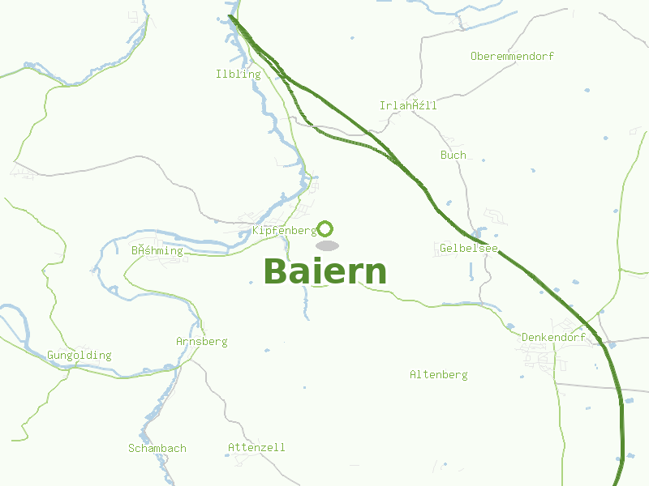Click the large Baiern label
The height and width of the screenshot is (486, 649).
[324, 272]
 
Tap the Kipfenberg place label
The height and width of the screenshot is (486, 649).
[284, 231]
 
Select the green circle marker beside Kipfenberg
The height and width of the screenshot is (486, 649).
[325, 228]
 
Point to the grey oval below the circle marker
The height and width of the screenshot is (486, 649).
[326, 245]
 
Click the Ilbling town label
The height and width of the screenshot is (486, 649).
[239, 75]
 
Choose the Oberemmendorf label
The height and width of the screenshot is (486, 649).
[512, 57]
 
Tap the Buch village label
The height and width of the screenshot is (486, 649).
[453, 155]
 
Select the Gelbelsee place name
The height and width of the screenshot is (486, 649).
[469, 248]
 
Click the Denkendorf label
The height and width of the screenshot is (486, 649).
[553, 338]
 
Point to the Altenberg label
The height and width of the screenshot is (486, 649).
[438, 375]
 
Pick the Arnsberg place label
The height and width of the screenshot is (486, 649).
[201, 342]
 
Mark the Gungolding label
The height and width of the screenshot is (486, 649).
[79, 356]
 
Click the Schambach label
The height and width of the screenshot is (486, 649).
[157, 449]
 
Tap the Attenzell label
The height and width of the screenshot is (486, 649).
[256, 448]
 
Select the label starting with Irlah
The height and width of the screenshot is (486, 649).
[408, 106]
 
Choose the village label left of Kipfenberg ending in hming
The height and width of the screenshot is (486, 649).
[157, 251]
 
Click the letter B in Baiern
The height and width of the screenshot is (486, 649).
[276, 272]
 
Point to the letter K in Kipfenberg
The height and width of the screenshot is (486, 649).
[256, 231]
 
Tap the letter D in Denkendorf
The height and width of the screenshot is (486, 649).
[525, 338]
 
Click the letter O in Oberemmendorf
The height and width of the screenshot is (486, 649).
[474, 57]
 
